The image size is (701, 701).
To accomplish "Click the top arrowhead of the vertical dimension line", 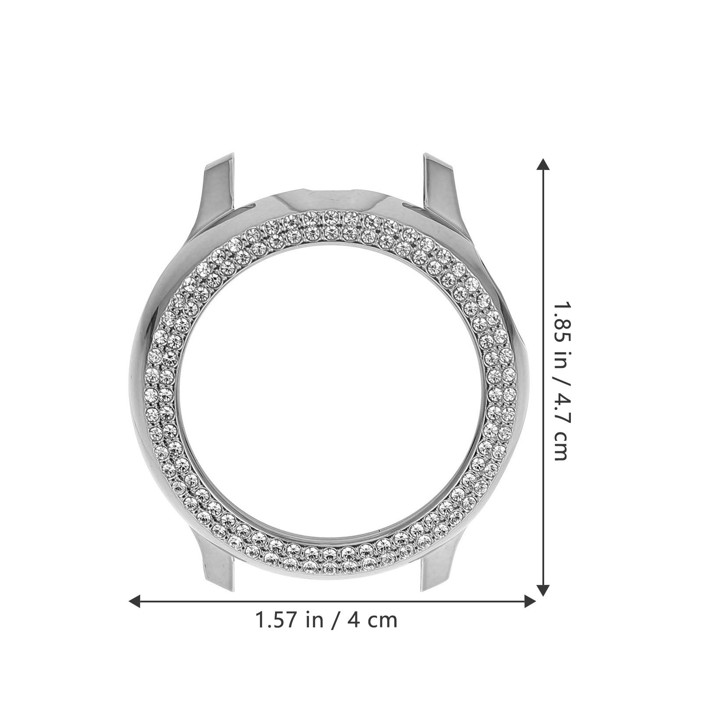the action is click(x=543, y=165).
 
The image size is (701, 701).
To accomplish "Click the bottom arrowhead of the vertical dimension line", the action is click(x=543, y=589).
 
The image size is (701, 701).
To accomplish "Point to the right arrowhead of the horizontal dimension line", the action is click(x=529, y=601).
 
